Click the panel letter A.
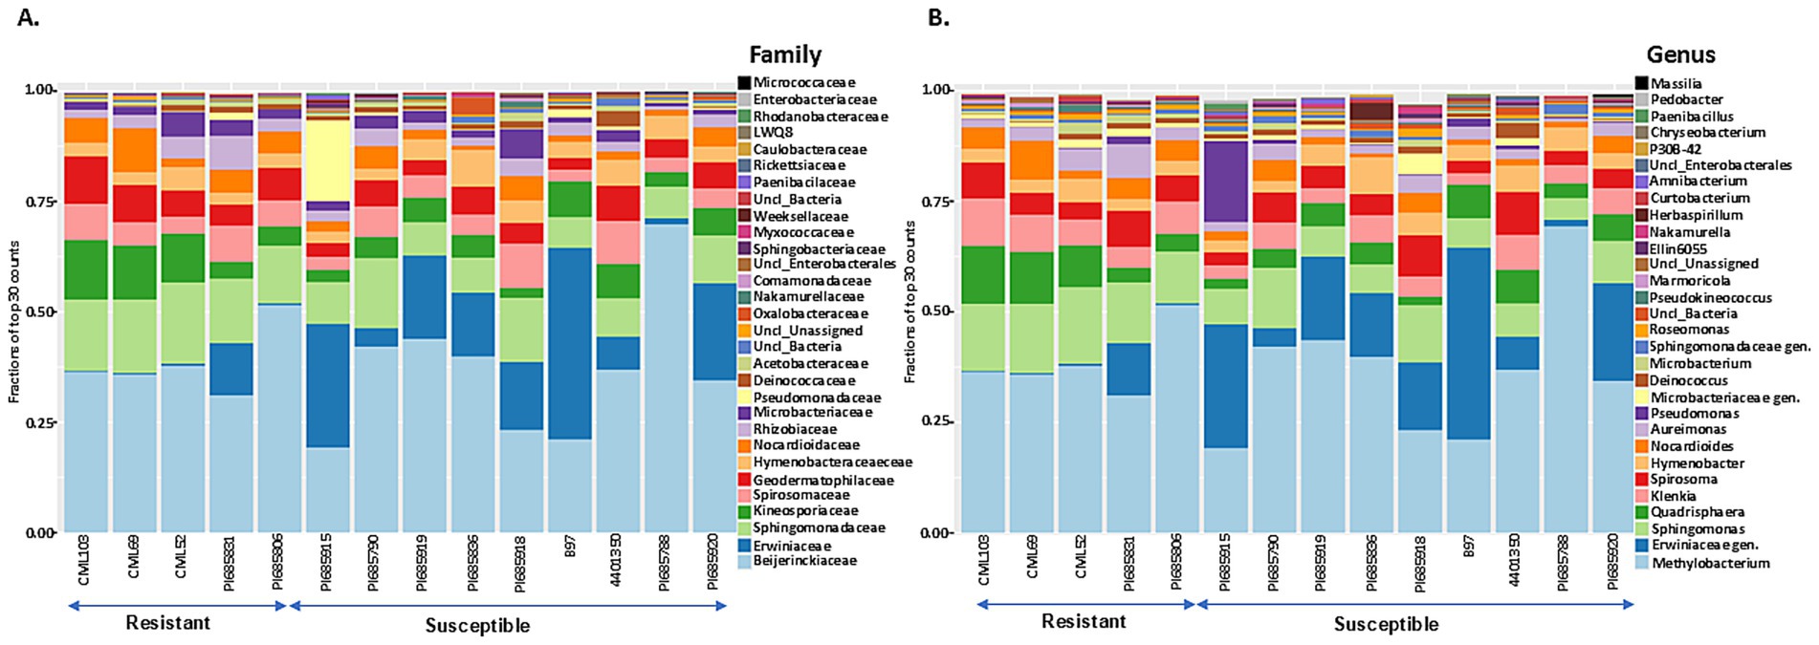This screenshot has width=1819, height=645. pyautogui.click(x=28, y=17)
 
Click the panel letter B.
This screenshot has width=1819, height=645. pyautogui.click(x=938, y=17)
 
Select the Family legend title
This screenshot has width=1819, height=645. pyautogui.click(x=784, y=54)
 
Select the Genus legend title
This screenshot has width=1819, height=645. pyautogui.click(x=1680, y=54)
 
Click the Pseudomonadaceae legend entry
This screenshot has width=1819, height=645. pyautogui.click(x=816, y=398)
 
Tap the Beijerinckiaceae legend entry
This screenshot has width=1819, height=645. pyautogui.click(x=803, y=561)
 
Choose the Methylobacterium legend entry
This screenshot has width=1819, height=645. pyautogui.click(x=1709, y=563)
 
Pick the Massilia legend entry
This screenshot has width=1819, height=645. pyautogui.click(x=1676, y=83)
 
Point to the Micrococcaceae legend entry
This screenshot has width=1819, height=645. pyautogui.click(x=803, y=82)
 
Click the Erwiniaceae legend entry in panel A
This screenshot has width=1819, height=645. pyautogui.click(x=791, y=545)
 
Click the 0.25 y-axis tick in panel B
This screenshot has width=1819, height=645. pyautogui.click(x=936, y=421)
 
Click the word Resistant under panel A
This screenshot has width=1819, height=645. pyautogui.click(x=167, y=623)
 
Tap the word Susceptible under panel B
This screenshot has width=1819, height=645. pyautogui.click(x=1386, y=625)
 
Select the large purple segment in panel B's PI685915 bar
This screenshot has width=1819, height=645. pyautogui.click(x=1227, y=182)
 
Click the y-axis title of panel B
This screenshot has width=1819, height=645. pyautogui.click(x=909, y=302)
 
